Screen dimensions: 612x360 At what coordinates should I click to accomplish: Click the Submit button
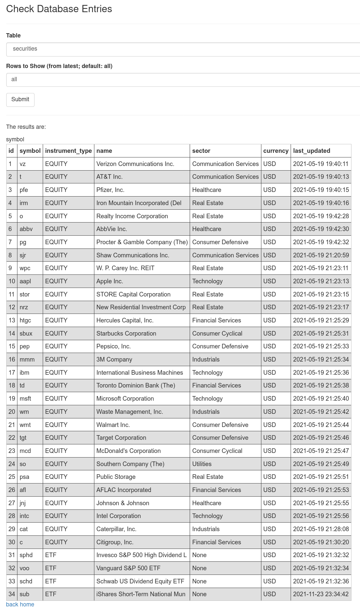tap(20, 100)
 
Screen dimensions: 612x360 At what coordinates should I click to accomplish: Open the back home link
tap(20, 604)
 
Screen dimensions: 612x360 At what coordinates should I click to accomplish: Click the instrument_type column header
tap(68, 151)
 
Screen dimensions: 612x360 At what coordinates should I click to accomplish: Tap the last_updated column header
tap(312, 151)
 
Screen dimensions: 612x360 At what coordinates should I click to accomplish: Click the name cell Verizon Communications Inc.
tap(135, 164)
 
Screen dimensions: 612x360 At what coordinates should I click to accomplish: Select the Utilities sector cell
tap(202, 464)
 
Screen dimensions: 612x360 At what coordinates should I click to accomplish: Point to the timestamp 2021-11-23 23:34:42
tap(321, 594)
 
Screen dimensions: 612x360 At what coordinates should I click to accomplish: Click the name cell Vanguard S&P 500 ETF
tap(128, 568)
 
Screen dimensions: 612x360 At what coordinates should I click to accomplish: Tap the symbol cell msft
tap(25, 399)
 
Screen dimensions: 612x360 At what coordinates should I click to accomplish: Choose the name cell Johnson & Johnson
tap(123, 503)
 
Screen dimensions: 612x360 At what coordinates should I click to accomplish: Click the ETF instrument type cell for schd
tap(51, 581)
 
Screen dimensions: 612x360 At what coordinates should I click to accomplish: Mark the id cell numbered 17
tap(12, 373)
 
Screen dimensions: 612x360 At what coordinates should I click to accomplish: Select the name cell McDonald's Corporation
tap(129, 451)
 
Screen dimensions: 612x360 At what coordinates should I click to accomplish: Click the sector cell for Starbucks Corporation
tap(217, 334)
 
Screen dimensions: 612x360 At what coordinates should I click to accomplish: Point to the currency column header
tap(276, 151)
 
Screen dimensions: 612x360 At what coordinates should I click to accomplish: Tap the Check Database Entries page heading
tap(59, 9)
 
